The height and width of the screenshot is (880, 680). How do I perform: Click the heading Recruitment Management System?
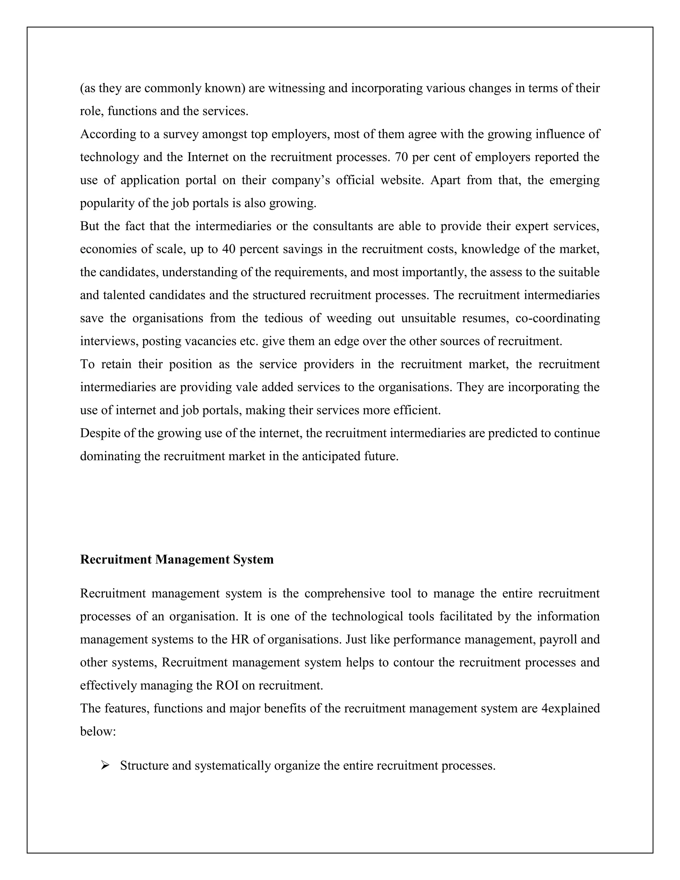point(177,560)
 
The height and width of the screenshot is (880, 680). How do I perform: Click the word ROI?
point(227,685)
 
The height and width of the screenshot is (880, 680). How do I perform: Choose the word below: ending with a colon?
point(98,731)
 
